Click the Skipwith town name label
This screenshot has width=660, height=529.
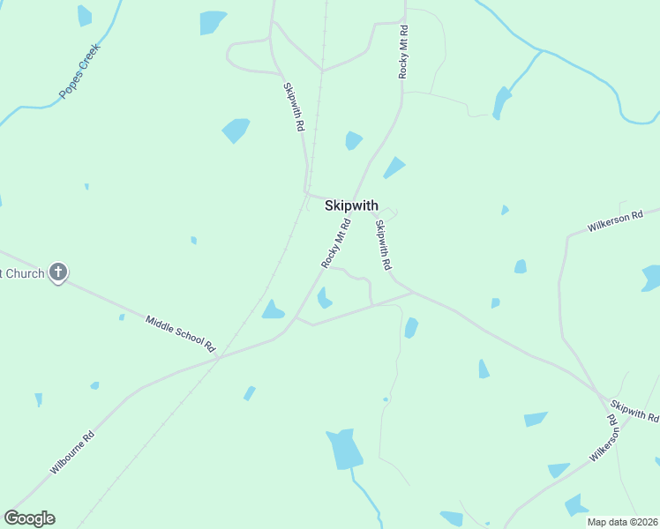click(351, 205)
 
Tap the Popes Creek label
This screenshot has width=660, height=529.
click(80, 71)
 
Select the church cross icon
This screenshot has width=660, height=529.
click(57, 272)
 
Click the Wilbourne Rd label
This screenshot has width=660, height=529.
click(72, 452)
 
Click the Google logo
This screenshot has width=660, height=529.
click(29, 518)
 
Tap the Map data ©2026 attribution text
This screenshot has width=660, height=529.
click(622, 522)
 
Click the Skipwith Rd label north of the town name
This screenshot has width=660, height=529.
click(294, 107)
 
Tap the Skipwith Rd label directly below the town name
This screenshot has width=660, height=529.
click(382, 244)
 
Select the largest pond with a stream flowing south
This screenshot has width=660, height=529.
click(344, 449)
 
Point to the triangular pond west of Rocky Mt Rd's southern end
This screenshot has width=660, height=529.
click(273, 309)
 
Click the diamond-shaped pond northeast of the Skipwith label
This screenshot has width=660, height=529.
click(394, 168)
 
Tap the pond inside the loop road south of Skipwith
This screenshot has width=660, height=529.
click(324, 298)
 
